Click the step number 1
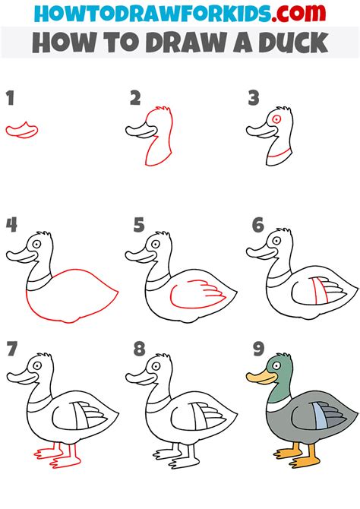point(10,98)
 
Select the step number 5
point(138,225)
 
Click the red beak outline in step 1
point(21,130)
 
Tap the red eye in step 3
point(277,119)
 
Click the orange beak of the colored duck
point(258,376)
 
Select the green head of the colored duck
point(279,370)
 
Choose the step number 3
point(254,97)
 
